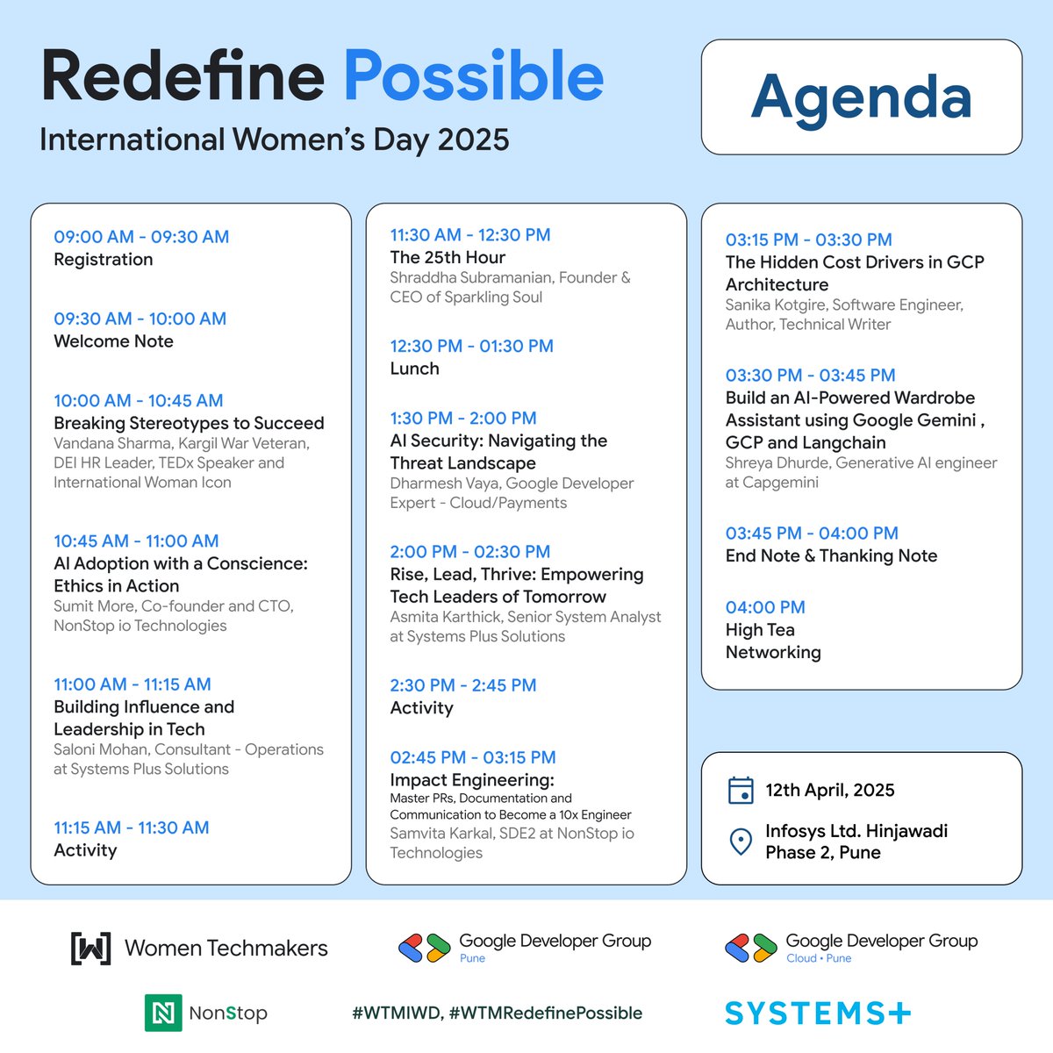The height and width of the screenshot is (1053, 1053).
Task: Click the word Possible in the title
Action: pyautogui.click(x=473, y=77)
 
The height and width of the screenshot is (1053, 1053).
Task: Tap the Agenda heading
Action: pyautogui.click(x=861, y=97)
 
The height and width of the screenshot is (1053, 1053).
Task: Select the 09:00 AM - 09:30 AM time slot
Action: pyautogui.click(x=141, y=237)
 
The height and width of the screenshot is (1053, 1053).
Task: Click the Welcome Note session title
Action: pyautogui.click(x=113, y=341)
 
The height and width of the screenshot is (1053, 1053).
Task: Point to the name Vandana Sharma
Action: pyautogui.click(x=109, y=444)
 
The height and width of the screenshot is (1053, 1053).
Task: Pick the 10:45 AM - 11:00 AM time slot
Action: pyautogui.click(x=136, y=541)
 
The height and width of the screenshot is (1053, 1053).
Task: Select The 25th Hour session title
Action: pyautogui.click(x=448, y=257)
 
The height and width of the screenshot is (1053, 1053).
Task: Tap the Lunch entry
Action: pyautogui.click(x=414, y=369)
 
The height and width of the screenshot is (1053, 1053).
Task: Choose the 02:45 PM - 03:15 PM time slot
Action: pyautogui.click(x=472, y=757)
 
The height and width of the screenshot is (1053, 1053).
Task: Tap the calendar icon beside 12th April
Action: pyautogui.click(x=741, y=790)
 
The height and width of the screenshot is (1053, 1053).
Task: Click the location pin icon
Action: pyautogui.click(x=741, y=842)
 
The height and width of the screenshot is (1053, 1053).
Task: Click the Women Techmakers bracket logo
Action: pyautogui.click(x=90, y=948)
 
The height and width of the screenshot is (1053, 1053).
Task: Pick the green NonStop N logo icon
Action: pyautogui.click(x=163, y=1013)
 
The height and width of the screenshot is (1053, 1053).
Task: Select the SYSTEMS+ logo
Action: pyautogui.click(x=817, y=1014)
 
